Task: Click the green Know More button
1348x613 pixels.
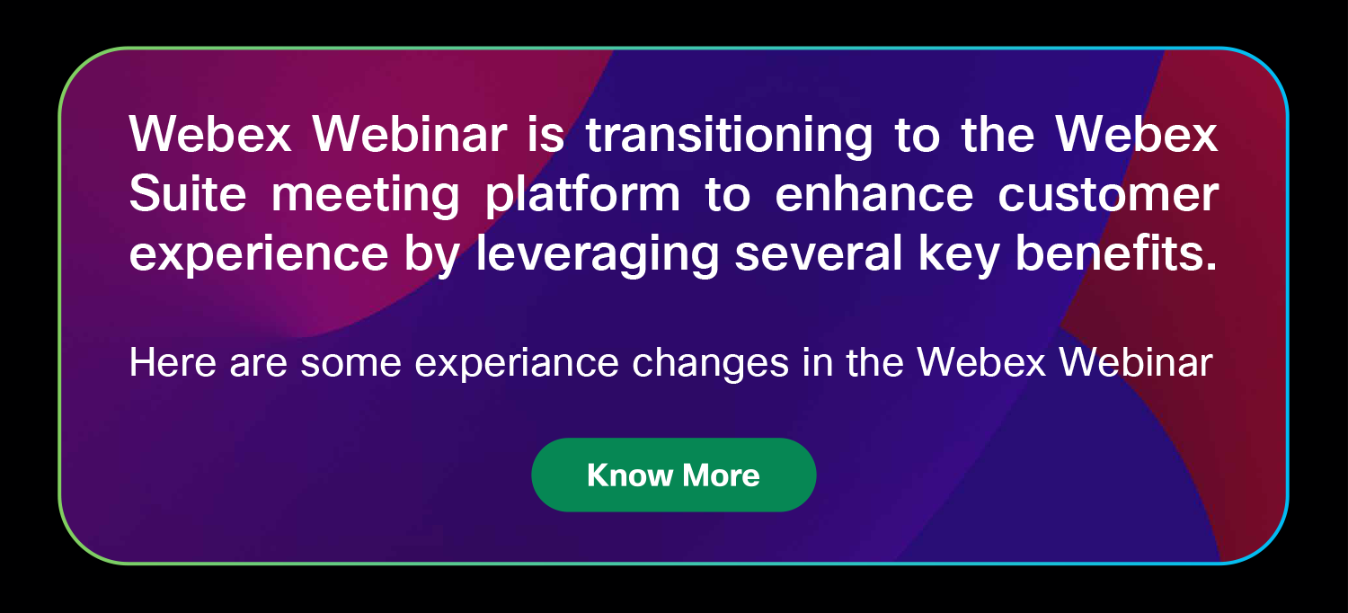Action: [x=673, y=475]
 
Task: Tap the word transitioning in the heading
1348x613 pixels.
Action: [x=729, y=136]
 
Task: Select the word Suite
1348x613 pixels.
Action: [x=188, y=194]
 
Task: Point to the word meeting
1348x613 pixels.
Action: [x=365, y=196]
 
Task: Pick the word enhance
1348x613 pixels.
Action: [x=874, y=194]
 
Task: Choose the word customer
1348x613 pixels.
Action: [x=1108, y=196]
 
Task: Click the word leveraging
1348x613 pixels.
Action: [x=598, y=254]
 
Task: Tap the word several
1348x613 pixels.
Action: [x=819, y=253]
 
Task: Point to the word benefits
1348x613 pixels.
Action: [x=1116, y=253]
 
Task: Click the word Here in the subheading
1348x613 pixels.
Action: [x=173, y=362]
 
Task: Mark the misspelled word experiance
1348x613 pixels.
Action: [x=517, y=364]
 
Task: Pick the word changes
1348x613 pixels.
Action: [x=711, y=364]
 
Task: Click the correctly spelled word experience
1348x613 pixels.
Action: [x=259, y=255]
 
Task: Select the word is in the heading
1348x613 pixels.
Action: [x=545, y=134]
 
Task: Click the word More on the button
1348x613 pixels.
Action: [x=721, y=475]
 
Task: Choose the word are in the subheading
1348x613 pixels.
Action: [x=258, y=364]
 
